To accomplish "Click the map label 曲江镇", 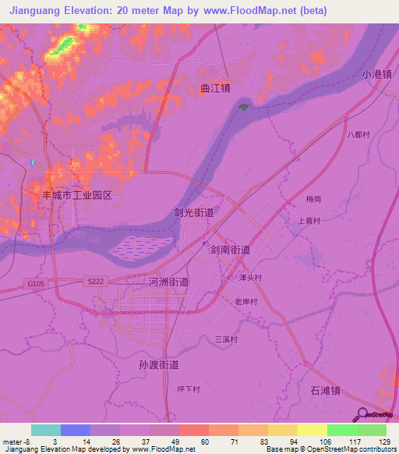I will pos(214,88).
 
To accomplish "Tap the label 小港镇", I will pos(377,75).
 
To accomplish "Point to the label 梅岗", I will pos(314,200).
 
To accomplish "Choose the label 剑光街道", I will pos(193,211).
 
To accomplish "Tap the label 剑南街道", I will pos(230,250).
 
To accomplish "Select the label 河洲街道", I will pos(168,282).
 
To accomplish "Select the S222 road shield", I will pos(95,280).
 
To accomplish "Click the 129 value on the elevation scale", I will pos(382,441).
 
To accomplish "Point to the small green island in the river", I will pos(245,107).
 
